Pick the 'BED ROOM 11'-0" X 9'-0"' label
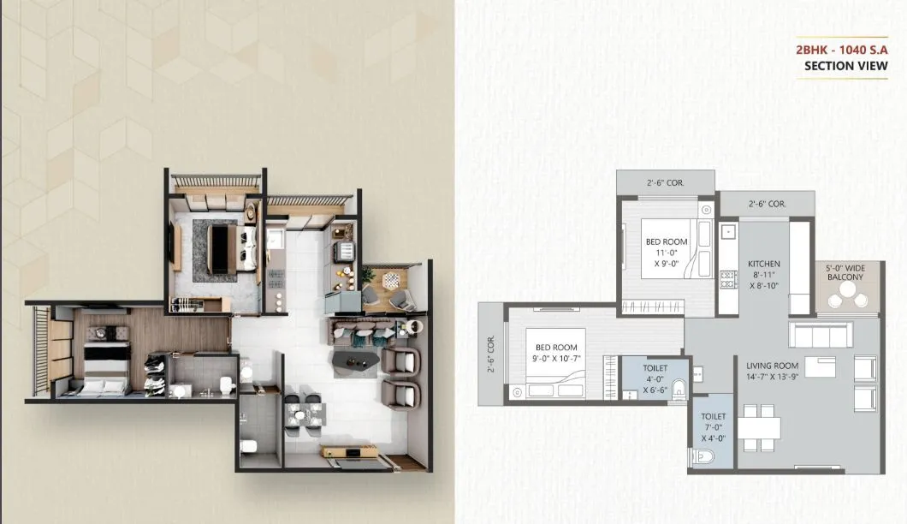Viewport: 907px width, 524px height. [x=667, y=253]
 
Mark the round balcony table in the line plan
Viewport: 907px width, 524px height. [x=847, y=291]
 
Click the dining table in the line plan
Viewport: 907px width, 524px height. [x=762, y=426]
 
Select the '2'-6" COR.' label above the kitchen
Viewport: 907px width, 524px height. [x=767, y=205]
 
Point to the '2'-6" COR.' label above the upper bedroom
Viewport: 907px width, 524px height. [x=664, y=182]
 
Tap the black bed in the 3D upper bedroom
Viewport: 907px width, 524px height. [x=221, y=247]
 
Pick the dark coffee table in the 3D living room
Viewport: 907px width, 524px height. [x=355, y=362]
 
